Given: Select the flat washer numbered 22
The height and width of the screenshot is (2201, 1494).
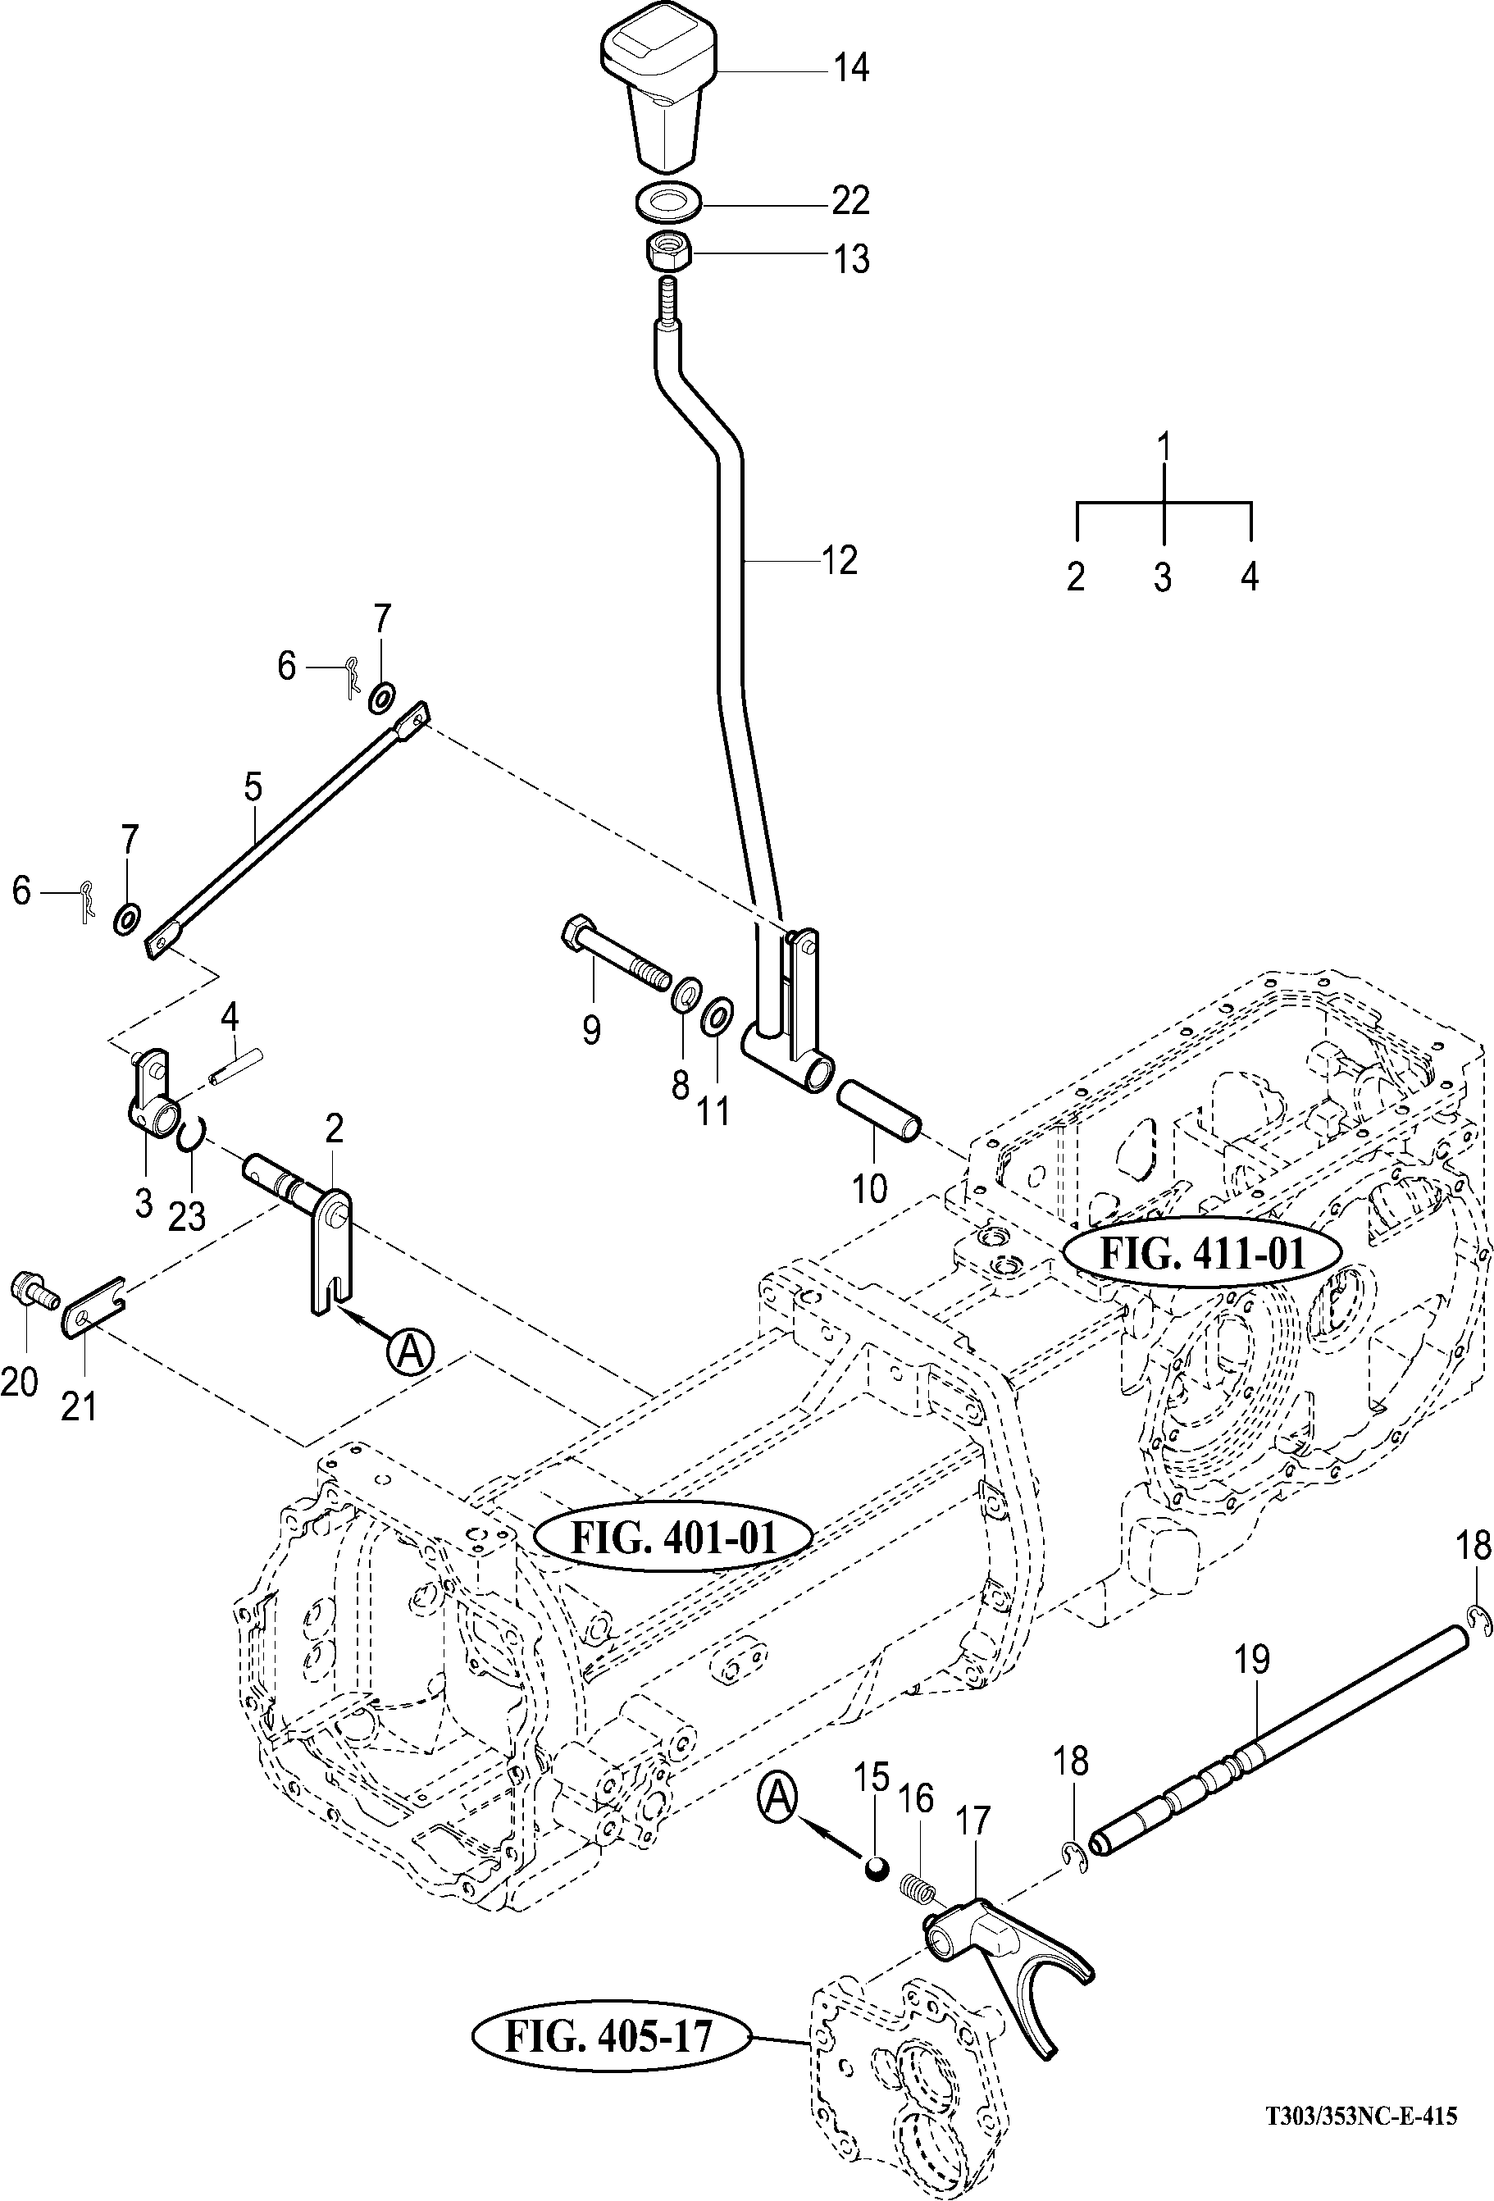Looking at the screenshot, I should coord(667,201).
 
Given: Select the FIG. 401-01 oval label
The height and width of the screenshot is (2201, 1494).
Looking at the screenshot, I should coord(672,1536).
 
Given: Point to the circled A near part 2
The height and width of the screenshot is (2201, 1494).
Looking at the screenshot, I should coord(410,1351).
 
